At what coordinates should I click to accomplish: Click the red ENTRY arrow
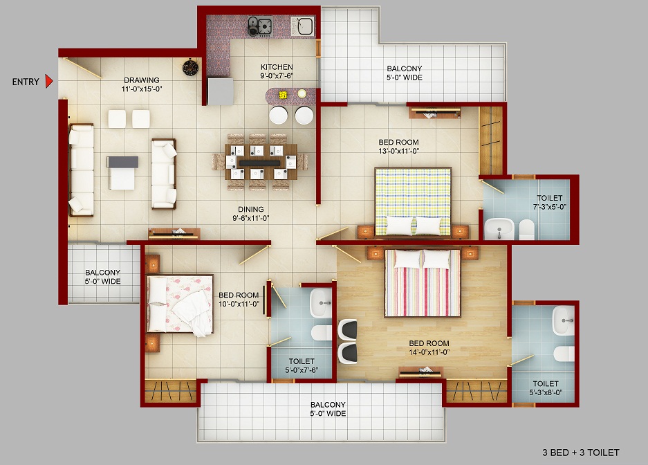[49, 82]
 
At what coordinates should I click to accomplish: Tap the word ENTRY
[26, 82]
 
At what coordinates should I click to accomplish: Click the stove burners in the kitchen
[259, 26]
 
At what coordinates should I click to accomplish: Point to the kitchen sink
[302, 26]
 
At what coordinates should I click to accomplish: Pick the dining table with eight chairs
[260, 162]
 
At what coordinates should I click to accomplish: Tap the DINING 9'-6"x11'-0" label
[251, 214]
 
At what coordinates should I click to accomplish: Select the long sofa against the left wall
[82, 170]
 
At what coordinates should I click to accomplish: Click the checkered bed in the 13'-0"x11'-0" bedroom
[413, 201]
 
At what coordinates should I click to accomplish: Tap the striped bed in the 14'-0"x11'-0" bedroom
[422, 283]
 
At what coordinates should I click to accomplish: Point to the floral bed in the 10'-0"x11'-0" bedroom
[180, 304]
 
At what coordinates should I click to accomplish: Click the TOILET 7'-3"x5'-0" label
[549, 202]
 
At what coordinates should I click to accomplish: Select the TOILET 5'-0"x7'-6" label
[302, 365]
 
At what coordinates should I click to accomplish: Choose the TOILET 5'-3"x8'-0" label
[546, 388]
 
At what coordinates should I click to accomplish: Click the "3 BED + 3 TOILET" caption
[581, 453]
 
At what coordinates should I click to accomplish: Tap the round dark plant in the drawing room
[190, 68]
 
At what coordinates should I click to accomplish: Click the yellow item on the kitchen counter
[283, 95]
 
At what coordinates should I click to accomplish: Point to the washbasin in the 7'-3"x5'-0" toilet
[499, 228]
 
